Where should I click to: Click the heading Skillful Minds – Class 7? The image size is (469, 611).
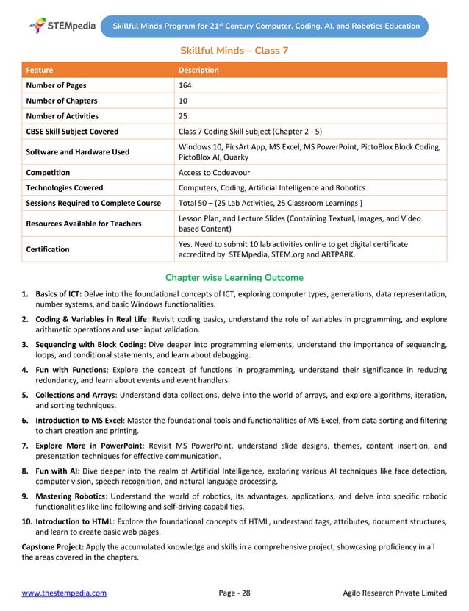pyautogui.click(x=234, y=50)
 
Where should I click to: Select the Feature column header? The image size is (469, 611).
pyautogui.click(x=40, y=71)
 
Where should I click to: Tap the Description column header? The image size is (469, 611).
pyautogui.click(x=198, y=71)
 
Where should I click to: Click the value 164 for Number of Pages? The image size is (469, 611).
pyautogui.click(x=185, y=85)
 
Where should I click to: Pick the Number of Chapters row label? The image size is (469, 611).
pyautogui.click(x=62, y=101)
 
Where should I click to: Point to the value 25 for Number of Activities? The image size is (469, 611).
pyautogui.click(x=185, y=116)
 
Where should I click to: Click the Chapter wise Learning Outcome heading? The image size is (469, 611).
pyautogui.click(x=234, y=278)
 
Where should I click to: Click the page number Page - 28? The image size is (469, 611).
pyautogui.click(x=234, y=593)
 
